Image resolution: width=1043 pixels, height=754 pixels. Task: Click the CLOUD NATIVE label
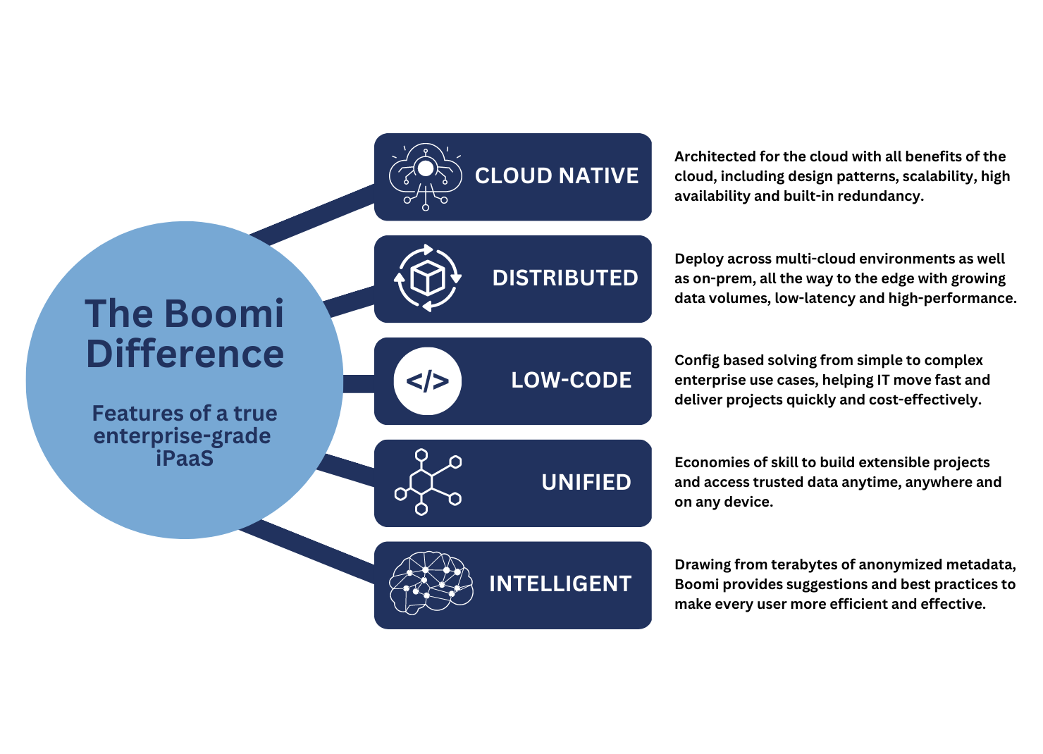(x=557, y=176)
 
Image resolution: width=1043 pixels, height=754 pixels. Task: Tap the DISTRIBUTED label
(x=565, y=278)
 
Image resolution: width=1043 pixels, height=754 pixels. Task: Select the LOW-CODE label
(x=572, y=380)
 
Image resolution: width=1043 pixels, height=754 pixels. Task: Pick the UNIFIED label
(x=586, y=482)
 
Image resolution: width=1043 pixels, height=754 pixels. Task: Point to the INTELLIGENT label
(x=560, y=584)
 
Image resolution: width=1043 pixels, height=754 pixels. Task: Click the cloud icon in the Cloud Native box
(x=426, y=176)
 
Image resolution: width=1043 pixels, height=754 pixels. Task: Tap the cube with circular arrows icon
(x=428, y=278)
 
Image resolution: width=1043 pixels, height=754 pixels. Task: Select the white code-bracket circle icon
(x=428, y=381)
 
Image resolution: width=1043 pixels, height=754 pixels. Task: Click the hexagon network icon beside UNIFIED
(x=428, y=482)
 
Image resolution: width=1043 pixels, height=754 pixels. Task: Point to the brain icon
(x=431, y=583)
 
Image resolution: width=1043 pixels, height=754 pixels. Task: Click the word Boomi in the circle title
(x=224, y=314)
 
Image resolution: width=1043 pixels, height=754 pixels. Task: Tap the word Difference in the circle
(x=185, y=354)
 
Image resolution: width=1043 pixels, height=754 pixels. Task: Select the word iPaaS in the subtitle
(x=185, y=458)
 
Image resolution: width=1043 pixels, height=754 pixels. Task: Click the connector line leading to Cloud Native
(x=312, y=215)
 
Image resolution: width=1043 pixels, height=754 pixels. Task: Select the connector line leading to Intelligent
(x=307, y=551)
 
